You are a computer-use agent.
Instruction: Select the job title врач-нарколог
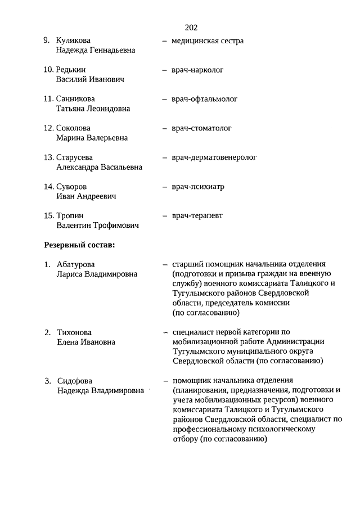pyautogui.click(x=197, y=70)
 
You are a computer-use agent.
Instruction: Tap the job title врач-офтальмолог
pyautogui.click(x=205, y=99)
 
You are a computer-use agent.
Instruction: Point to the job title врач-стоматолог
pyautogui.click(x=201, y=128)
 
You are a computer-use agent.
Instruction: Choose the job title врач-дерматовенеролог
pyautogui.click(x=214, y=157)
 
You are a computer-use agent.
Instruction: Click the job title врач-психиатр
pyautogui.click(x=198, y=187)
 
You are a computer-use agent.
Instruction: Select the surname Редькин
pyautogui.click(x=71, y=70)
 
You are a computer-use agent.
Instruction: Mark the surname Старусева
pyautogui.click(x=75, y=157)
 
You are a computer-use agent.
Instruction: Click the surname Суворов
pyautogui.click(x=72, y=187)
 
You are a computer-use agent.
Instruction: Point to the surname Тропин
pyautogui.click(x=70, y=215)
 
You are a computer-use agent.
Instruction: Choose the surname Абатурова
pyautogui.click(x=76, y=264)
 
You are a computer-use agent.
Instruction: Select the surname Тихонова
pyautogui.click(x=74, y=332)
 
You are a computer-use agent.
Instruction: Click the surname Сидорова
pyautogui.click(x=75, y=381)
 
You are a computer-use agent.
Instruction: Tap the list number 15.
pyautogui.click(x=48, y=215)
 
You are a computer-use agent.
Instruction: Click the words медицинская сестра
pyautogui.click(x=208, y=40)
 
